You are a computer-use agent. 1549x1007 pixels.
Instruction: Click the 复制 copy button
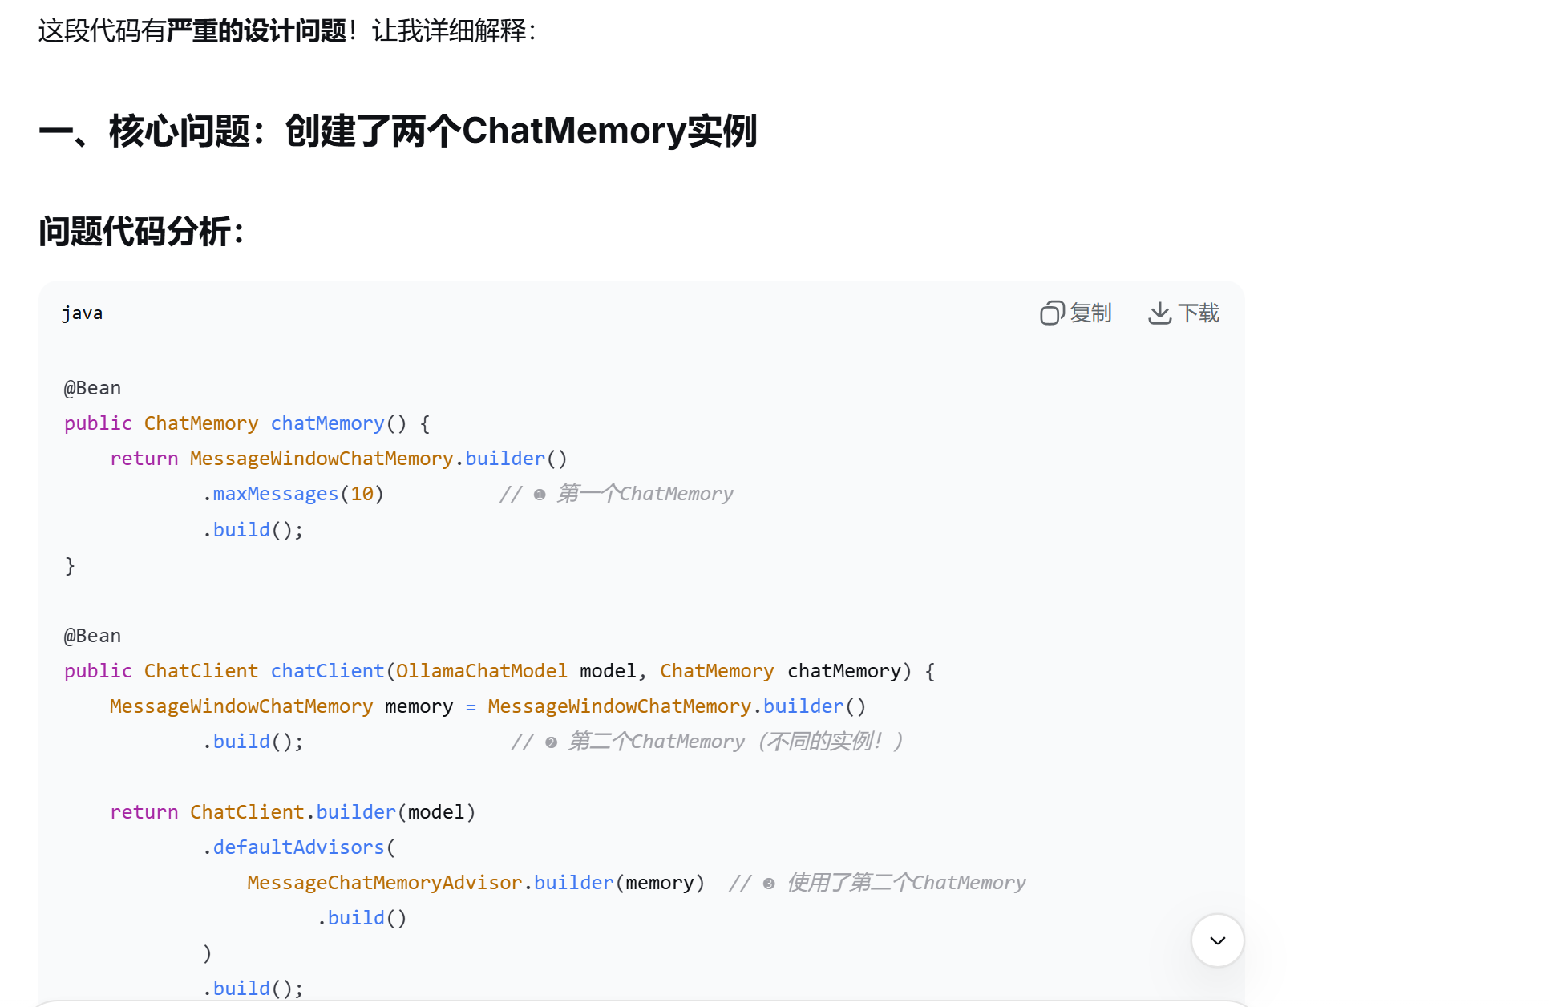point(1075,313)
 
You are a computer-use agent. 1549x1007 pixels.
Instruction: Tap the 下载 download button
point(1183,313)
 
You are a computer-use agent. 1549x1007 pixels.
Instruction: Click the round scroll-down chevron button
point(1217,940)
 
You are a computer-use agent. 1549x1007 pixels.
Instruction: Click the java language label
point(82,313)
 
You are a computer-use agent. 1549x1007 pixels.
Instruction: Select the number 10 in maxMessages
point(362,494)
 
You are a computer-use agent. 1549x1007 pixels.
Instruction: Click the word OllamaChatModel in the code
point(481,671)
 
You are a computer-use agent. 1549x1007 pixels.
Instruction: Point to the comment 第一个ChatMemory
point(645,494)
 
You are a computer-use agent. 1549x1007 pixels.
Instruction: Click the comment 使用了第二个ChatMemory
point(906,883)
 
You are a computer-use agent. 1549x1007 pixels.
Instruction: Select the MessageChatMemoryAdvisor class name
point(384,883)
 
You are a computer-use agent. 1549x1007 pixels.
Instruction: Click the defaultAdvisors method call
point(298,847)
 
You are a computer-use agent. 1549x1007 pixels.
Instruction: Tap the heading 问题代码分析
point(141,232)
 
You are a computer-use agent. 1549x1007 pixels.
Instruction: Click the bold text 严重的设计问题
point(257,31)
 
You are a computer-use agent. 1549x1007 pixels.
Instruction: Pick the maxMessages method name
point(275,494)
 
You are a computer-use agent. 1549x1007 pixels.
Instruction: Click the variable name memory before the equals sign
point(419,706)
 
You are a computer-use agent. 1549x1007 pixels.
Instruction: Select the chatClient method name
point(327,671)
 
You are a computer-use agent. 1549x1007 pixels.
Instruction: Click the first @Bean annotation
point(92,388)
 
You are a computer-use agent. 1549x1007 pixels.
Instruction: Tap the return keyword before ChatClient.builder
point(144,812)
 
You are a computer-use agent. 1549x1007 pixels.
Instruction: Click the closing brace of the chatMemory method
point(70,566)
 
